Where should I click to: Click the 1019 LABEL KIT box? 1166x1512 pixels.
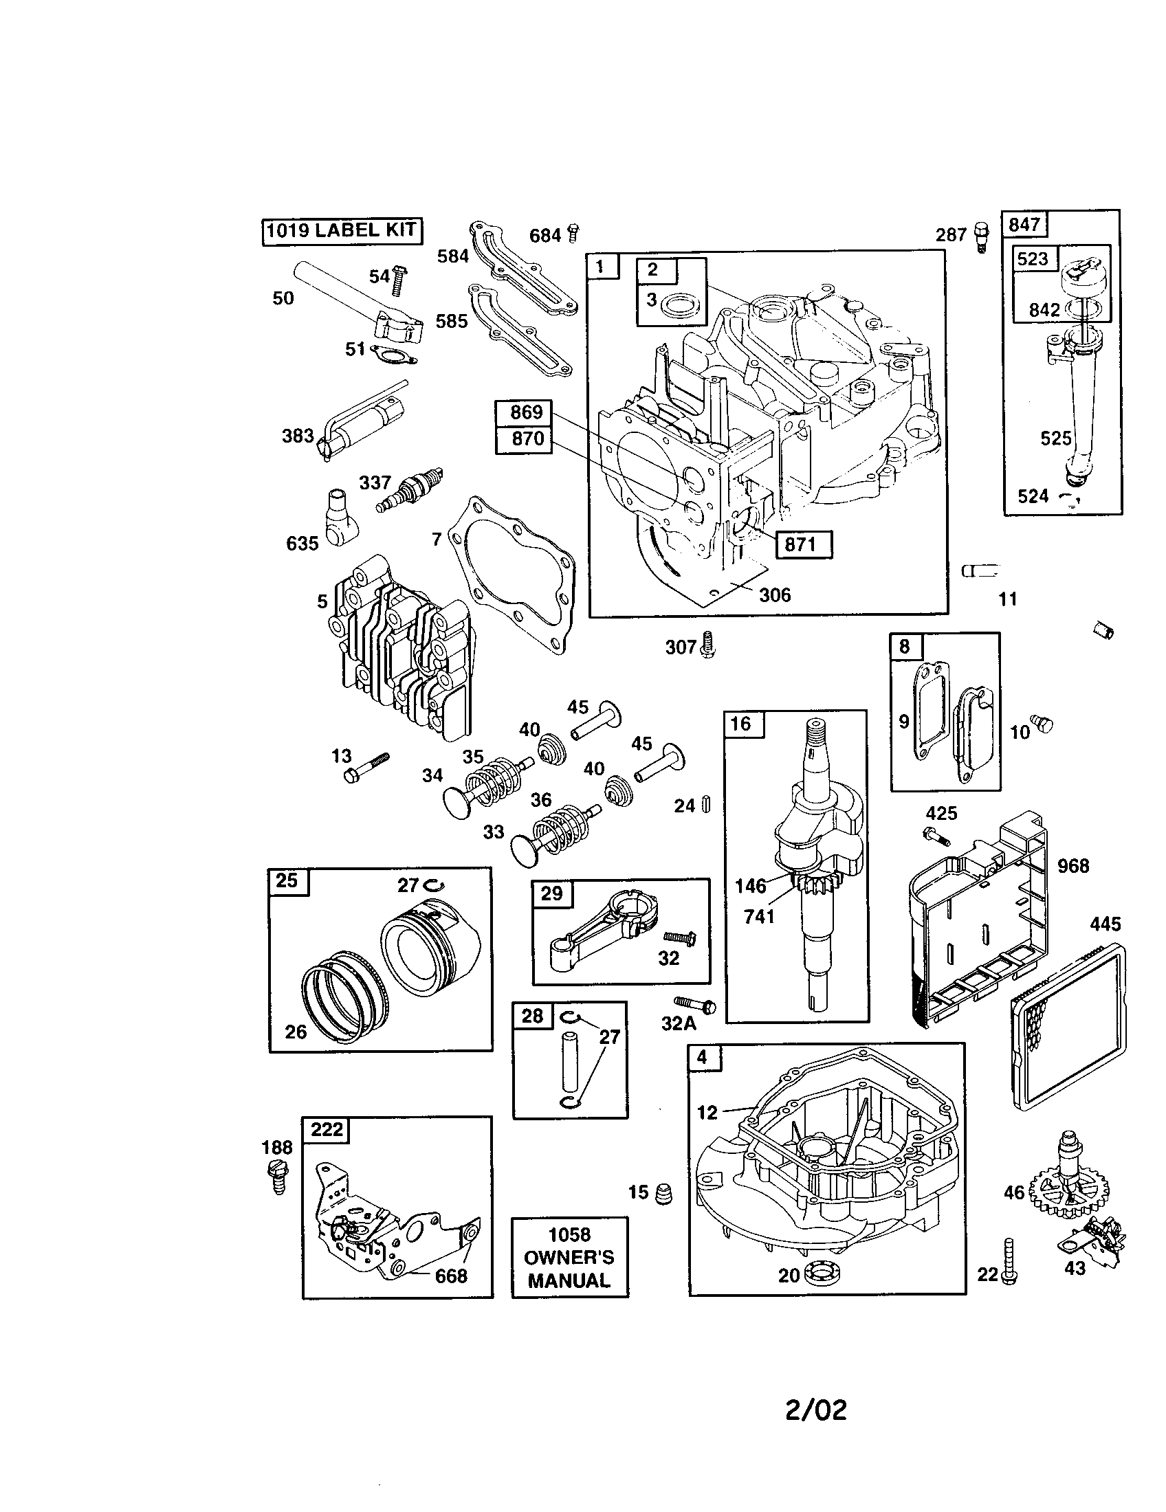[342, 231]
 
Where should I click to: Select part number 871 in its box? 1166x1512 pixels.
[803, 544]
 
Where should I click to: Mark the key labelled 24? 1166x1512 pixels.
[706, 805]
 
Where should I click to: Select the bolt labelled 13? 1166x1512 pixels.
[365, 768]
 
